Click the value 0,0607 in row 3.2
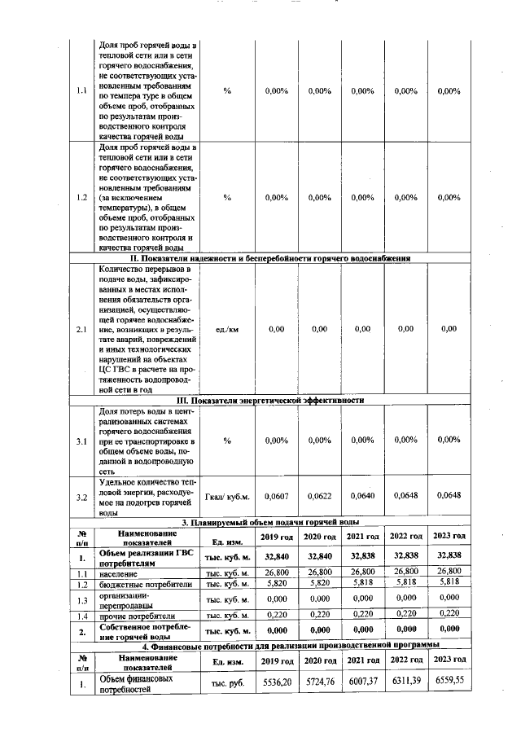click(x=278, y=496)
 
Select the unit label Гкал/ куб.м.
click(x=226, y=497)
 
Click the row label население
click(x=121, y=574)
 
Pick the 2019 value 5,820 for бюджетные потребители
click(x=278, y=585)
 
